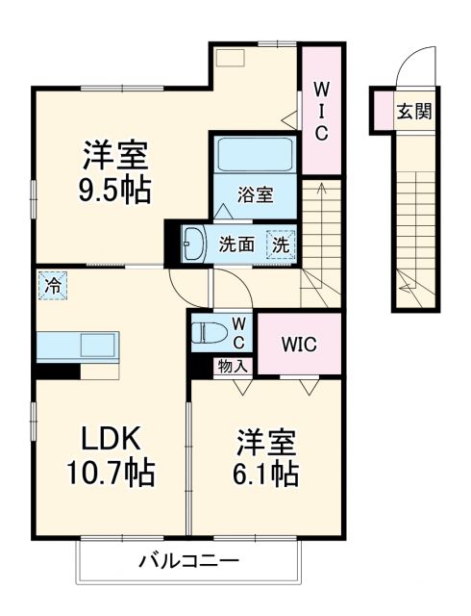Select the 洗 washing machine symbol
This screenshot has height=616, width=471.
(x=279, y=244)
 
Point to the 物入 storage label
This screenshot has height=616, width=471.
(x=233, y=366)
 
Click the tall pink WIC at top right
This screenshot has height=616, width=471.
(x=322, y=111)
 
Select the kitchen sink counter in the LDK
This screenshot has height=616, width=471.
(x=77, y=345)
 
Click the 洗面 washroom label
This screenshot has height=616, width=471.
(x=235, y=244)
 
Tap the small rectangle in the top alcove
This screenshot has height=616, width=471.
(x=231, y=57)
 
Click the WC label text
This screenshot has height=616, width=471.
(x=238, y=332)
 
